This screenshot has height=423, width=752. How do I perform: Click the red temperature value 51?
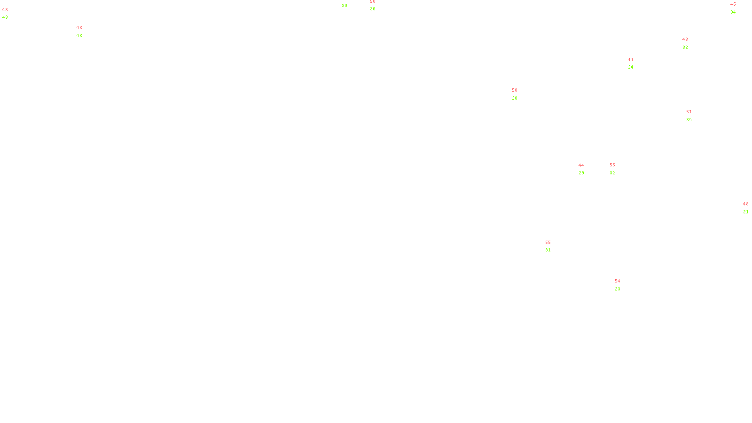(689, 112)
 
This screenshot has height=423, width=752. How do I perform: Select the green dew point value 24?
(630, 67)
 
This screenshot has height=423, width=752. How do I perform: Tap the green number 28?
(514, 98)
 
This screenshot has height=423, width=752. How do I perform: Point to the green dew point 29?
(581, 173)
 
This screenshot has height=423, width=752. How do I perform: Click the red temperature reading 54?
(617, 281)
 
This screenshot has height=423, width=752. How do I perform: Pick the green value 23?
(617, 289)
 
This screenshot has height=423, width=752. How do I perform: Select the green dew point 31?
(548, 250)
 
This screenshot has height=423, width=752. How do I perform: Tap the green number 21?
(745, 212)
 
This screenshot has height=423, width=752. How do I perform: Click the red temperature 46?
(733, 4)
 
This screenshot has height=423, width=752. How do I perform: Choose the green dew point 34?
(733, 12)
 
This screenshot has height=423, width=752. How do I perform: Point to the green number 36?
(372, 9)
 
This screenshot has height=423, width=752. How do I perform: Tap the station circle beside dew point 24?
(635, 63)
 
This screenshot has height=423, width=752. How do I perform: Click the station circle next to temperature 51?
(694, 116)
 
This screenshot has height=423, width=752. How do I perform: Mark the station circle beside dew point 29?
(586, 169)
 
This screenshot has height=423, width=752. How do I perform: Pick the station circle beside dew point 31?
(553, 246)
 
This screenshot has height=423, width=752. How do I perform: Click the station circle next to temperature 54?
(622, 285)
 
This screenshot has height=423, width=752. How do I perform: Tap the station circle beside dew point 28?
(519, 94)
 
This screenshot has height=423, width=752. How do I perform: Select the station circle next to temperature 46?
(737, 8)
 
